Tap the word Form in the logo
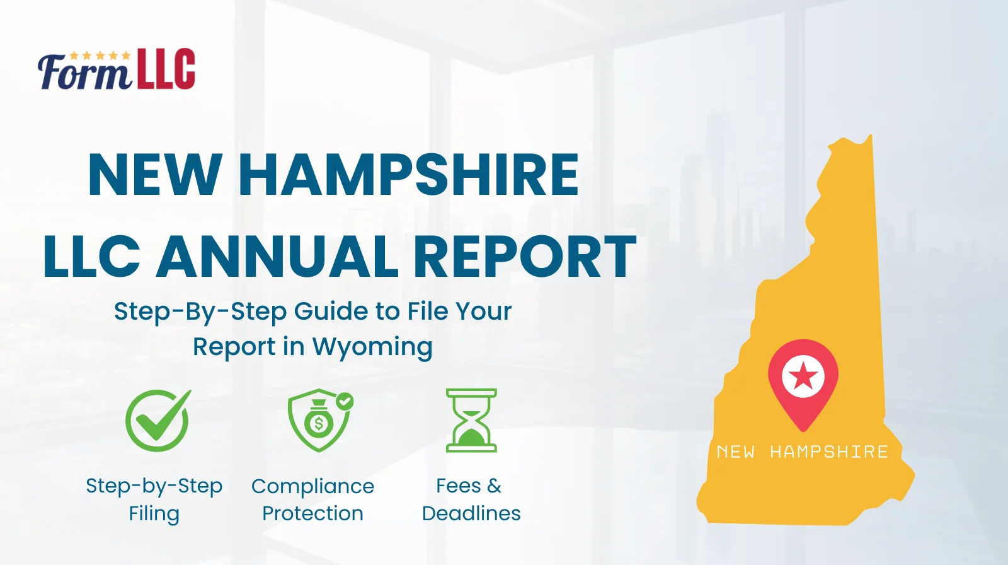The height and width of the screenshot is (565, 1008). point(84,73)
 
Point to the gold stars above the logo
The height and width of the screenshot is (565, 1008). point(100,55)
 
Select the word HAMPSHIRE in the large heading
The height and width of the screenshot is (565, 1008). point(408,175)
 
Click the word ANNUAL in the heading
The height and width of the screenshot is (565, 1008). point(277,256)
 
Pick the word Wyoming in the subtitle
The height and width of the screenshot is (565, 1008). point(372,347)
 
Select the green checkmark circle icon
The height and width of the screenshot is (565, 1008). point(157,420)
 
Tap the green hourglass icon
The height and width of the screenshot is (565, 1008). point(471,420)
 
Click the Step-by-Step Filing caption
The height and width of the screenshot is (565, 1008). point(154,499)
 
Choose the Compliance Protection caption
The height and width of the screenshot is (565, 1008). point(312,499)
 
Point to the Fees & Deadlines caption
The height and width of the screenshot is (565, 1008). point(471,499)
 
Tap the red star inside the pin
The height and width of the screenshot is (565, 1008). point(803,376)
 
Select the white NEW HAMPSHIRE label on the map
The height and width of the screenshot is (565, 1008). point(802,452)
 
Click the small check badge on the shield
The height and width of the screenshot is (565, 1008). point(345,401)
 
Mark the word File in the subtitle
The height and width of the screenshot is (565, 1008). point(428,312)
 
